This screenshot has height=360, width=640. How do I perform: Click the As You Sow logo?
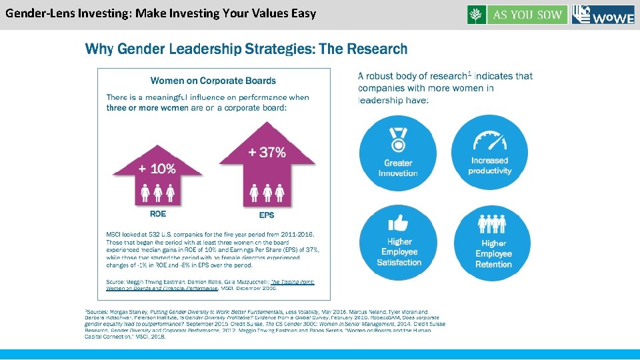tap(517, 15)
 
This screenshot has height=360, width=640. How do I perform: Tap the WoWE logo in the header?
tap(603, 15)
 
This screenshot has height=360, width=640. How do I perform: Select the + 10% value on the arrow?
tap(157, 169)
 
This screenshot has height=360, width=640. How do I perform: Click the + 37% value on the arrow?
tap(267, 153)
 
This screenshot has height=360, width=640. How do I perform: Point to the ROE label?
tap(158, 214)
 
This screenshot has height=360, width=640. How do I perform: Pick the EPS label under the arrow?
tap(267, 215)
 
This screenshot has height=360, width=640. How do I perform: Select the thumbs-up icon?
tap(399, 222)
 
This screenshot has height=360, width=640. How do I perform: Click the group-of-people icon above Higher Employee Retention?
tap(493, 223)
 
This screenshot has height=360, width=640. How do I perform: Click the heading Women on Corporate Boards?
tap(213, 81)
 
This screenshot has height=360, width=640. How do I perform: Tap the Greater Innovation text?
tap(398, 168)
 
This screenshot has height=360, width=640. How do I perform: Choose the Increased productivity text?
tap(489, 166)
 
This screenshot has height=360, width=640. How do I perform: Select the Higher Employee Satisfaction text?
tap(399, 252)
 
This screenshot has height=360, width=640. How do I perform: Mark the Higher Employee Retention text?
tap(493, 254)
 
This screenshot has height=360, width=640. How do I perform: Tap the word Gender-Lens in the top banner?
tap(35, 13)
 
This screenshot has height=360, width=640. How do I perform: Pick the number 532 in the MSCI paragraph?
tap(160, 235)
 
